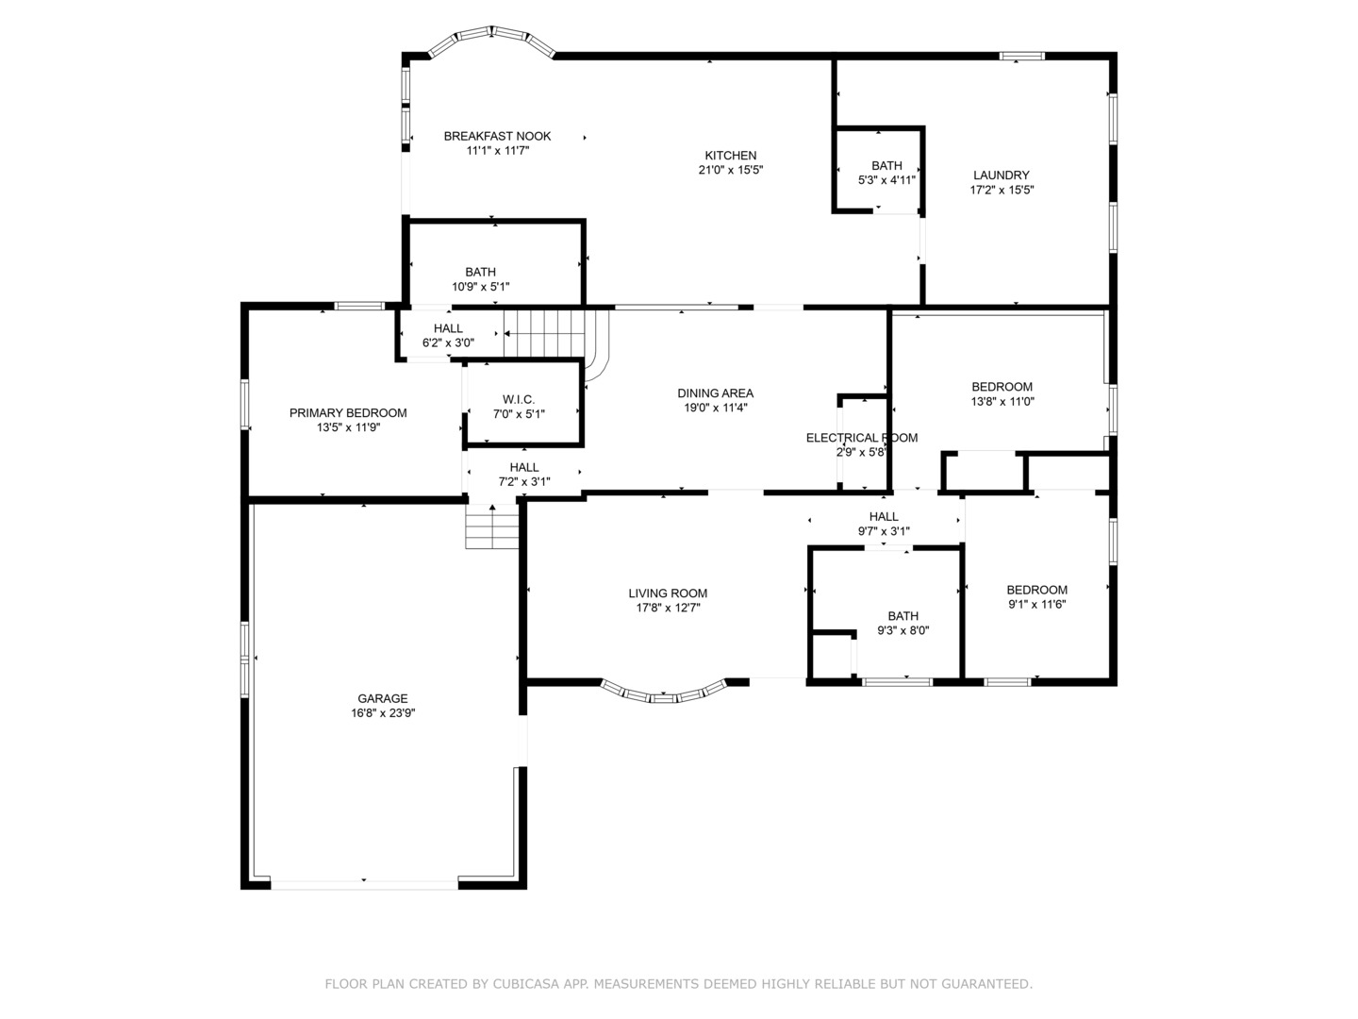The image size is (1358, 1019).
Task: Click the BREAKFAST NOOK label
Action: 497,136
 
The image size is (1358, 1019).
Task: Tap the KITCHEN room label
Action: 731,156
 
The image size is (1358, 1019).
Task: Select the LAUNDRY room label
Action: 1001,175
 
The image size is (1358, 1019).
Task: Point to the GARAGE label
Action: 382,698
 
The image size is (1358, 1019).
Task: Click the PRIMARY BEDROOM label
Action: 348,412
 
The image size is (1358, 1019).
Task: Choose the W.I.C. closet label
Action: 519,399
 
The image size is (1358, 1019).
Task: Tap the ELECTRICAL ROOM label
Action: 862,438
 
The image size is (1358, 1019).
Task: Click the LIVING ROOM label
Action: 668,593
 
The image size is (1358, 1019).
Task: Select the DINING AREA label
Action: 715,393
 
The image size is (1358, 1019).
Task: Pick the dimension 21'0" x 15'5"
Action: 731,170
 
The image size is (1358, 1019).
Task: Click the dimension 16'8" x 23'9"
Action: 383,712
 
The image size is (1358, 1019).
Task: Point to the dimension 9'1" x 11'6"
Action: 1037,604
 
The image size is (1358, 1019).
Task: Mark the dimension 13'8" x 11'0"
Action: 1002,401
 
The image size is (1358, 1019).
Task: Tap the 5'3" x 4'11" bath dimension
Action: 886,180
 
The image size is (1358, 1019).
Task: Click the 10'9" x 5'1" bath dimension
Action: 481,287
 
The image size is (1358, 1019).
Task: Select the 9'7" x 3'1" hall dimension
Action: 884,531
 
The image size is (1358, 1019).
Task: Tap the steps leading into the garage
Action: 492,526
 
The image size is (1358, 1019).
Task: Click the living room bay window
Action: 664,693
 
